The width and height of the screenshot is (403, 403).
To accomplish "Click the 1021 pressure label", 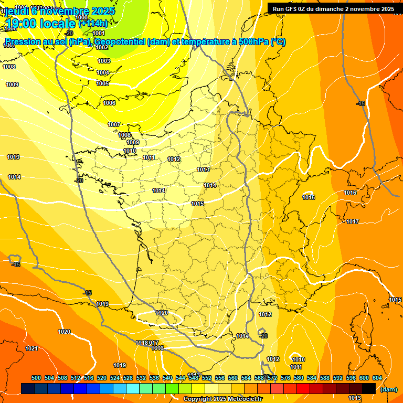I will tap(31, 348).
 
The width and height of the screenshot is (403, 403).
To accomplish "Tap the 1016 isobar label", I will tap(350, 193).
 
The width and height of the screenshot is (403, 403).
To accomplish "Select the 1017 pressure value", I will tap(353, 221).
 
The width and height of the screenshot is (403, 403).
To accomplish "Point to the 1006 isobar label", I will tap(109, 103).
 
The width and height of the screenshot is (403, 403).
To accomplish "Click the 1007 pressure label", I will tap(114, 124).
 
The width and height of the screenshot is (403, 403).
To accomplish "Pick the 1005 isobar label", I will tap(102, 83).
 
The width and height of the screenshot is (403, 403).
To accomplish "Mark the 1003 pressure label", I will tap(104, 61).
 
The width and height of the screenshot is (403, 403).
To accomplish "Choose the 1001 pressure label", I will tap(99, 33).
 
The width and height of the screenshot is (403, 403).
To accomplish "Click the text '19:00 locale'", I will tap(40, 23).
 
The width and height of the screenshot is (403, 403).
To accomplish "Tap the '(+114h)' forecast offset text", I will tap(93, 24).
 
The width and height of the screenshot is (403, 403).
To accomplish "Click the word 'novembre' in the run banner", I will tap(366, 9).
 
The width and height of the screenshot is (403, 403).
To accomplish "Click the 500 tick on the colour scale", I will tap(36, 378).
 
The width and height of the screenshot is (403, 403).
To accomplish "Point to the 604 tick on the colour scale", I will tap(377, 378).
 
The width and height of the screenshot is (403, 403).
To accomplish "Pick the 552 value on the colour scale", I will tap(207, 378).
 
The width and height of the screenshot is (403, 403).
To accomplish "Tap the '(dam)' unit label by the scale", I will tap(388, 389).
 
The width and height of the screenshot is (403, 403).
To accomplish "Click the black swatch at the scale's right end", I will tap(368, 388).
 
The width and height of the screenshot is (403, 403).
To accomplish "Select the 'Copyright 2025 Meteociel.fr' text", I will tap(222, 399).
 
